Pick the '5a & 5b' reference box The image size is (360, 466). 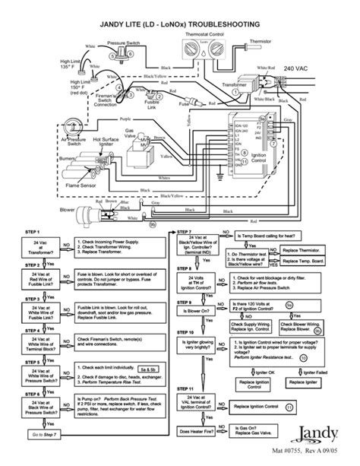pos(149,368)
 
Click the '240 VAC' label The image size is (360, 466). pos(296,69)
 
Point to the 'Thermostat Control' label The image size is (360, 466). pos(226,35)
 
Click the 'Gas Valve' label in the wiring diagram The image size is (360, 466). pos(133,132)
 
